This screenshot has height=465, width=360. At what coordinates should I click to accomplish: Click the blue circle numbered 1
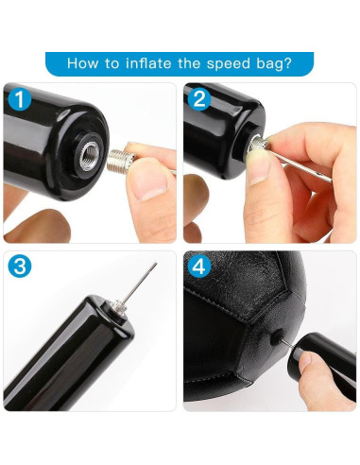point(20,100)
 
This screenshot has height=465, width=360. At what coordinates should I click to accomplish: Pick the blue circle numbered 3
point(20,267)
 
